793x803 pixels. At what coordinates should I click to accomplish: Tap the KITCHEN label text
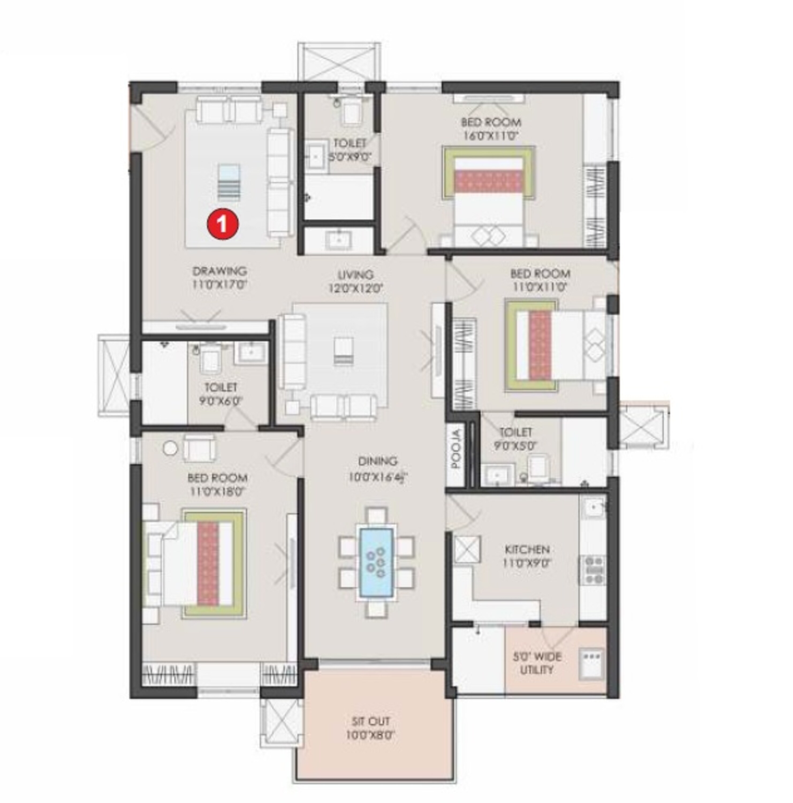pos(527,549)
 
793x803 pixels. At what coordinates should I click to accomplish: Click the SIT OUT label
pos(370,721)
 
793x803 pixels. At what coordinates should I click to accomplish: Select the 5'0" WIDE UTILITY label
pos(537,663)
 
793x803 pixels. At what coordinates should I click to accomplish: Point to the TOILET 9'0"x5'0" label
pos(515,438)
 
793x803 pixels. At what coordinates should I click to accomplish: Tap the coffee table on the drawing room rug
pos(229,182)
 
